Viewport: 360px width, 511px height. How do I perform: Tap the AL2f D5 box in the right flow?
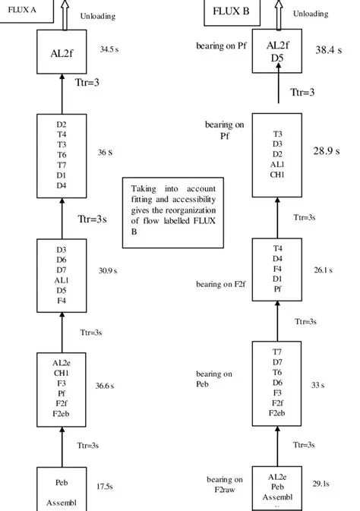tap(276, 50)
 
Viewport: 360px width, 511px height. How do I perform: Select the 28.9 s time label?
tap(329, 151)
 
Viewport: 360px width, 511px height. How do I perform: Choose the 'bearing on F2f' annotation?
tap(219, 284)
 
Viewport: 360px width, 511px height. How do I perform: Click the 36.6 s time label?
tap(105, 386)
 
